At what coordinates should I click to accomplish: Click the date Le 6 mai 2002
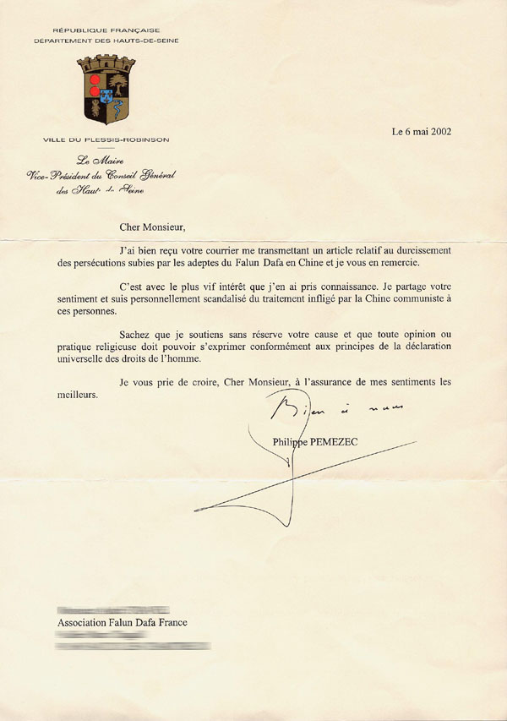[422, 131]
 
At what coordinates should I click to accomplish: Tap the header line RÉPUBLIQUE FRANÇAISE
[106, 30]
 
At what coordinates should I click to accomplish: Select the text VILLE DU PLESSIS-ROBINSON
[106, 139]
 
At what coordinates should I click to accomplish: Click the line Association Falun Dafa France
[122, 623]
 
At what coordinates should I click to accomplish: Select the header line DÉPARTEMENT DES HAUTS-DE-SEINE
[106, 41]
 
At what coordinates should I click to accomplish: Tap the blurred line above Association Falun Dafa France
[112, 609]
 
